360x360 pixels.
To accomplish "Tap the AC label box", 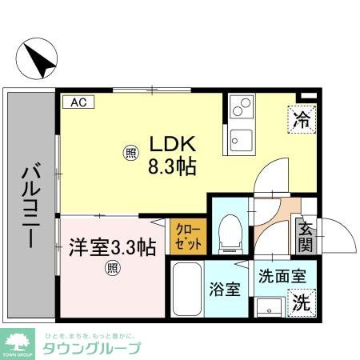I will [x=78, y=102].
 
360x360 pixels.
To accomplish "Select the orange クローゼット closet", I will [x=188, y=237].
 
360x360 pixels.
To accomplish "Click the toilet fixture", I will [x=230, y=228].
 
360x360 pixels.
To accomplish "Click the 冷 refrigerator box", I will [x=300, y=120].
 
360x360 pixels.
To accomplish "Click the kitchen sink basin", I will [x=240, y=142].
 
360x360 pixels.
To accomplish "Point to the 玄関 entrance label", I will [x=306, y=237].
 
